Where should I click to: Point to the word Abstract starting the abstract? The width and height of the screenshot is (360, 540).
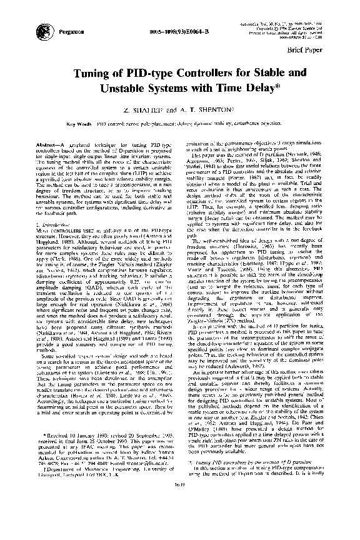[48, 144]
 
